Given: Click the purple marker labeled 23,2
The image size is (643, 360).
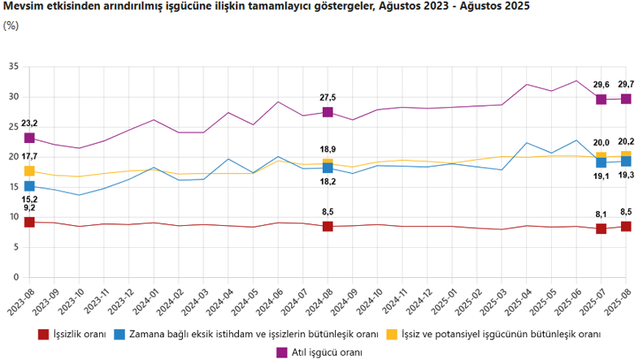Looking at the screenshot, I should coord(29,138).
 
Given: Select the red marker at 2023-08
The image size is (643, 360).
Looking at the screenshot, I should coord(29,222).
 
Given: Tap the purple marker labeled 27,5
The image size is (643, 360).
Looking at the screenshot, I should coord(328,112).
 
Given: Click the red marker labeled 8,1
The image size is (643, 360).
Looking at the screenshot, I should coord(602,228).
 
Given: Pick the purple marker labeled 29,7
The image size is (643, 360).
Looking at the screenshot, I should coord(626,99).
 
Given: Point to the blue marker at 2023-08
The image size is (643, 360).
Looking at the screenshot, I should coord(29,186).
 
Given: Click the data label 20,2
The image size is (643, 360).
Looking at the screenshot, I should coord(626,140).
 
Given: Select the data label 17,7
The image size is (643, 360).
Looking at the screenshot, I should coord(29,156).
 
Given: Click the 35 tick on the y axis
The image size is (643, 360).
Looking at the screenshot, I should coord(13,67).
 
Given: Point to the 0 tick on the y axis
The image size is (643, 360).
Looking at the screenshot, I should coord(15,277).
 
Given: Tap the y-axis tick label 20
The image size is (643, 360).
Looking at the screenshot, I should coord(13,157).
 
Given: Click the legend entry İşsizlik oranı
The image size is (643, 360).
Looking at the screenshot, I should coord(79,334).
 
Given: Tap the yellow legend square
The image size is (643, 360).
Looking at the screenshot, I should coord(392,334).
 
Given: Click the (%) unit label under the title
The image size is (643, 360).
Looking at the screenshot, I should coord(11,25).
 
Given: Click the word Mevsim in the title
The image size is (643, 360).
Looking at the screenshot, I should coord(23,7).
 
